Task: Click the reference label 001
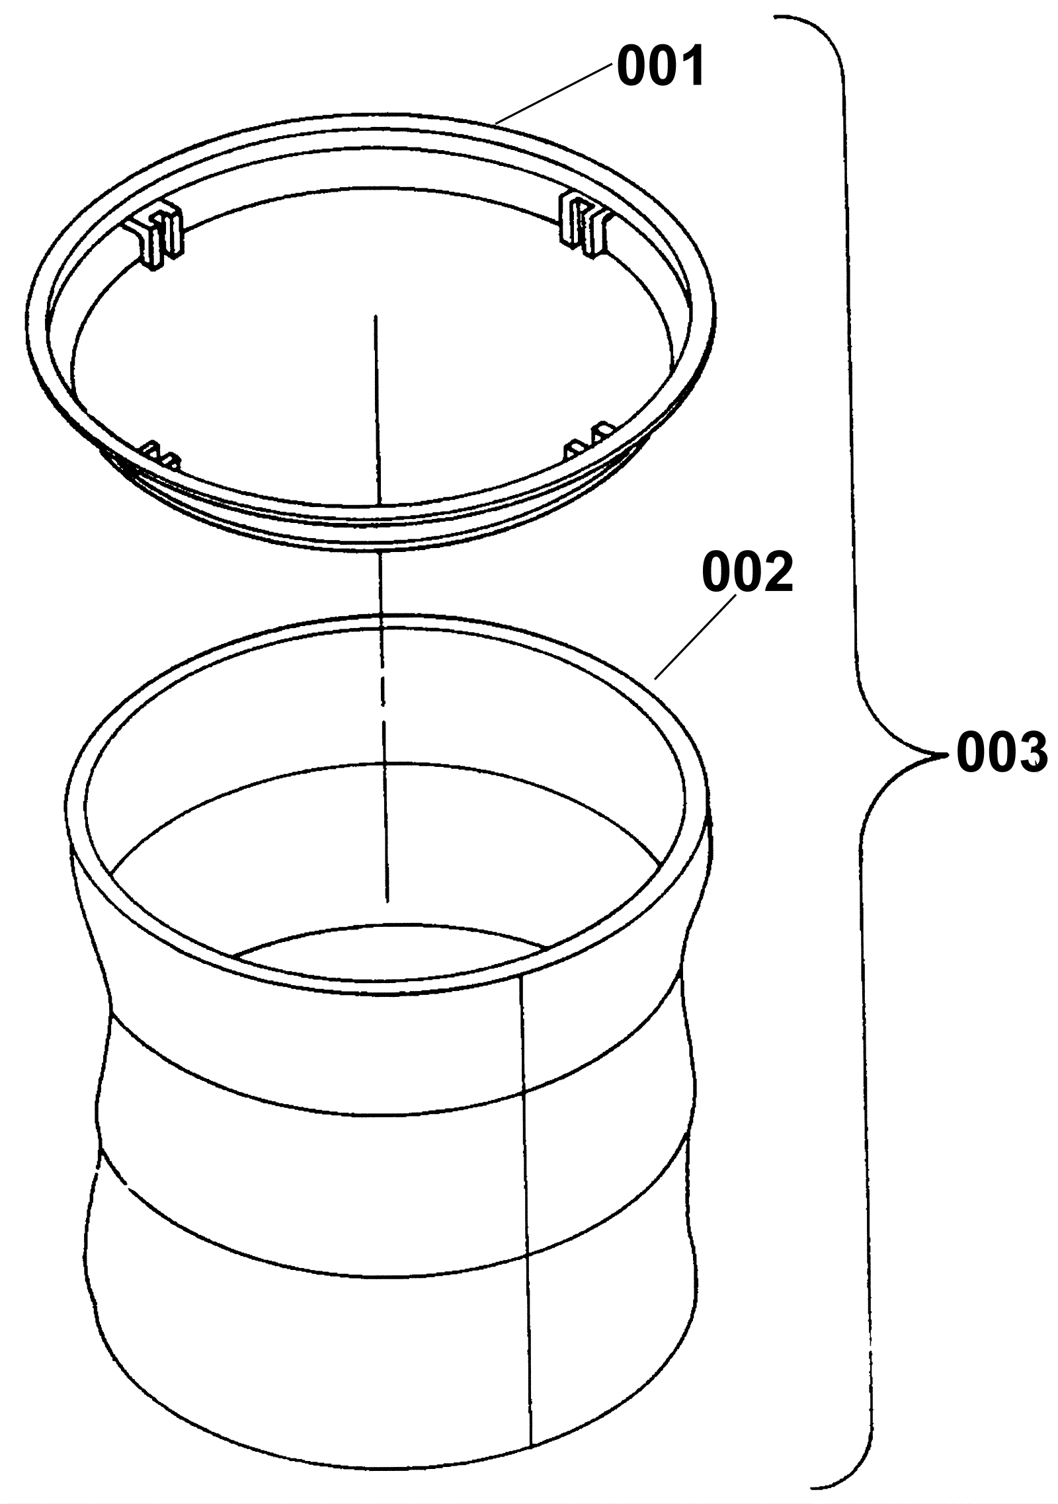661,69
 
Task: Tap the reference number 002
747,573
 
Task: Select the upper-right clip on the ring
586,225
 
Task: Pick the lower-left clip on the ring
162,454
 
